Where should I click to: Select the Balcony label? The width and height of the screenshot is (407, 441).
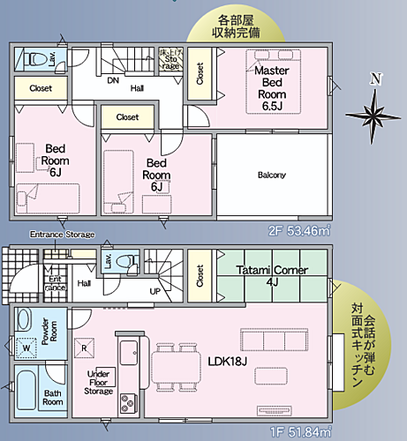(x=271, y=175)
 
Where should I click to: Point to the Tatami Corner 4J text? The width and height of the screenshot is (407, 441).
(x=271, y=276)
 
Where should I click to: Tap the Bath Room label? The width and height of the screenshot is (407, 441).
(x=52, y=396)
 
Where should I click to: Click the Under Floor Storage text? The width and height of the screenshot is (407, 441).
(x=99, y=382)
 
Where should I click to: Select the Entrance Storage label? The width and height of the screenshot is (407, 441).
(x=62, y=235)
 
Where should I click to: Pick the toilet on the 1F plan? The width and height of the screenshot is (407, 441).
(x=130, y=261)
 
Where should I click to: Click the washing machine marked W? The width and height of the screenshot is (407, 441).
(x=26, y=347)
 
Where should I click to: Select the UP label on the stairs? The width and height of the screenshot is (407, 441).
(x=155, y=290)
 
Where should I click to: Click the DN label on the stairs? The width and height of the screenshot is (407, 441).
(x=112, y=80)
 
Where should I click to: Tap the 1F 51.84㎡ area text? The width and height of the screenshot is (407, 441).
(x=299, y=430)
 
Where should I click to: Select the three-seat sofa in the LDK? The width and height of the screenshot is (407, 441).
(x=274, y=340)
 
